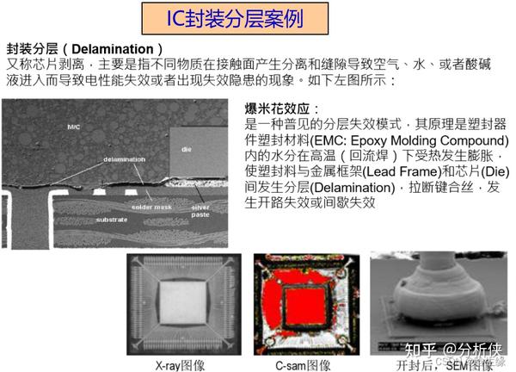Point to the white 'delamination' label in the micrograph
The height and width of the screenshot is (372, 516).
tap(124, 160)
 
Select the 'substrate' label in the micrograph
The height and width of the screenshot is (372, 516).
tap(111, 220)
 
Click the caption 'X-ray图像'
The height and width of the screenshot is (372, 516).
tap(180, 363)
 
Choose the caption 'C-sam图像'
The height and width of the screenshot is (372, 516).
tap(302, 363)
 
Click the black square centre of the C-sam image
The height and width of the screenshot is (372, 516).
tap(302, 303)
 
